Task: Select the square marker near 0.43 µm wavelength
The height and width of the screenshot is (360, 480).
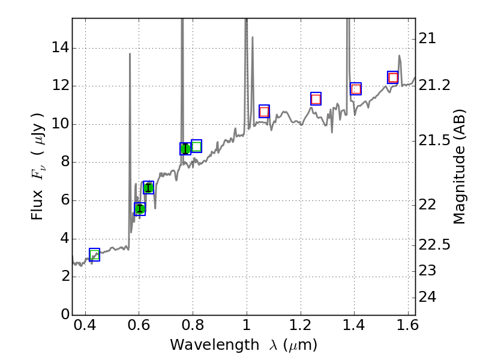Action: (94, 254)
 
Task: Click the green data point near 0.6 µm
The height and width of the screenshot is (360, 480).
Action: (140, 209)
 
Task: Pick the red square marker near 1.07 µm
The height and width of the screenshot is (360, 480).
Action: (264, 111)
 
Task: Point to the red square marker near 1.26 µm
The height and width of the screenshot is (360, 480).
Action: (316, 98)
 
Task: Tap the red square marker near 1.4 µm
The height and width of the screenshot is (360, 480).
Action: (356, 89)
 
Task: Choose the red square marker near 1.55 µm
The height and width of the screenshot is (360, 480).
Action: (393, 77)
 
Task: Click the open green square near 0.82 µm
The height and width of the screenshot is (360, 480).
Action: (196, 146)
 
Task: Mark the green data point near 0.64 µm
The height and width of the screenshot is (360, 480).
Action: (148, 188)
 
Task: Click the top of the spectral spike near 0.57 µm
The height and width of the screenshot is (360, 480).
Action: (130, 54)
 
